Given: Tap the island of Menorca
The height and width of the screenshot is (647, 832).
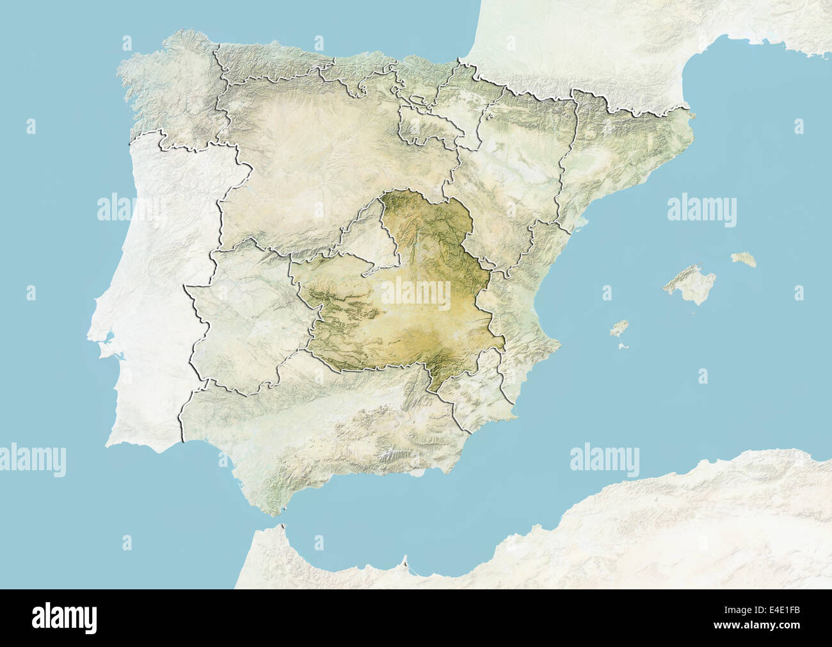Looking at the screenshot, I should tap(744, 259).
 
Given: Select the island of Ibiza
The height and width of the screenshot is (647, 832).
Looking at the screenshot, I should tap(618, 329).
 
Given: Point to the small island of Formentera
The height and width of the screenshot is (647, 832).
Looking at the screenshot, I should tap(623, 346).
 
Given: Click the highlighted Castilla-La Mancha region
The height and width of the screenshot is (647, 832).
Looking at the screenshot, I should tap(410, 320).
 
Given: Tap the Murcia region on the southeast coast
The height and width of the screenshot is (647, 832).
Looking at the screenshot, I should tap(477, 397).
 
